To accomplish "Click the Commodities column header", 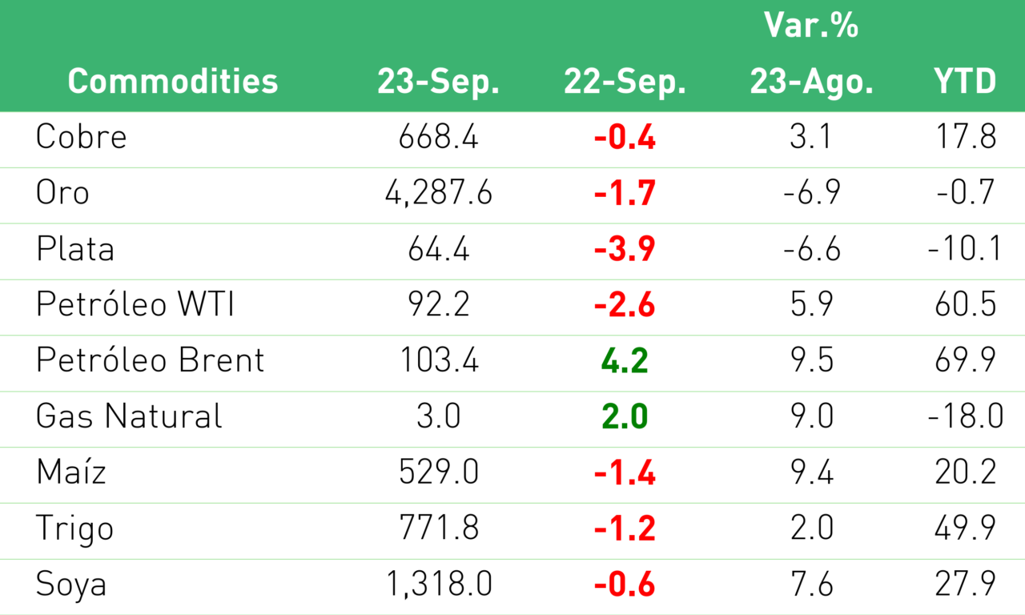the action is (173, 82).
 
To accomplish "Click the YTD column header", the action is (965, 82).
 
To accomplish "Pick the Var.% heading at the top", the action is (811, 25).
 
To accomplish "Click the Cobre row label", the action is (81, 136).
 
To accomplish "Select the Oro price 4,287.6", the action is (438, 193).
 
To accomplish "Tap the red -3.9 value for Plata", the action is (625, 249).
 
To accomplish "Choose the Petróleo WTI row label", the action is (135, 303).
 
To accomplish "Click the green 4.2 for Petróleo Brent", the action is (625, 360).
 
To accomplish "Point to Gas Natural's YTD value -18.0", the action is (965, 416).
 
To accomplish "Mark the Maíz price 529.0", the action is (438, 472).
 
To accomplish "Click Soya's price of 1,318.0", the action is (439, 585).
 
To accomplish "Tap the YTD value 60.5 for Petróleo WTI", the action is (965, 303).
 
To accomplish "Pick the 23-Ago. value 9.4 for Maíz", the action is (811, 472).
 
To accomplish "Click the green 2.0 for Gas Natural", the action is (625, 416).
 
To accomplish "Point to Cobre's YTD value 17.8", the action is (965, 136).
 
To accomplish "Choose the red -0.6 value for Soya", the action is (625, 584).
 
